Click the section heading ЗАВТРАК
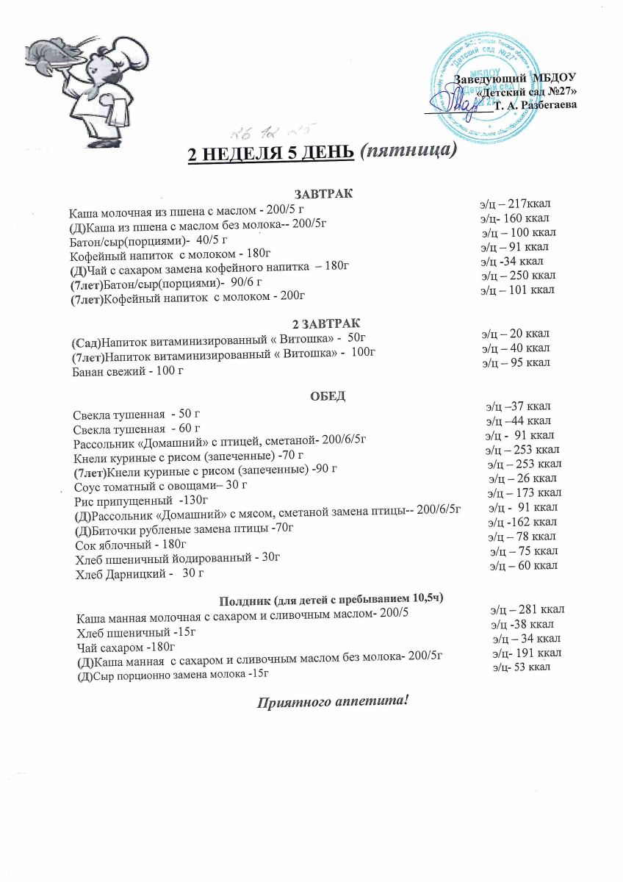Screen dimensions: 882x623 click(x=323, y=193)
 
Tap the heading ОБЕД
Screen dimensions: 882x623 click(x=328, y=396)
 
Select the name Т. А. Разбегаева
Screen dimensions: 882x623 click(x=535, y=105)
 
